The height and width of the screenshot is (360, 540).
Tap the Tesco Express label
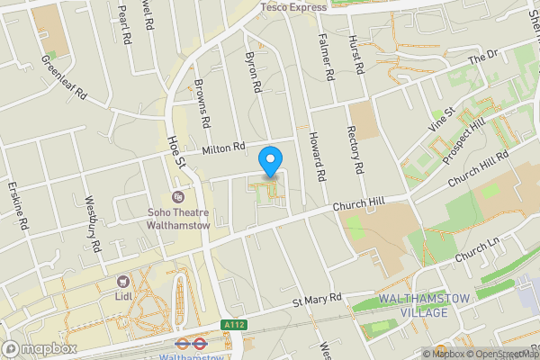coord(293,7)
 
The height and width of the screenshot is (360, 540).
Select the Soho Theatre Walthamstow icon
coord(177,197)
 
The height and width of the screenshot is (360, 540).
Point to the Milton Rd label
coord(224,148)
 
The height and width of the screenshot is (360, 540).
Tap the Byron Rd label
coord(253,72)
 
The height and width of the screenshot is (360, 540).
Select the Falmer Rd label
coord(328,55)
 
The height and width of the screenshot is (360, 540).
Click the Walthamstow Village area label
coord(413,305)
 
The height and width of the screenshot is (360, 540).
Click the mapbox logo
coord(39,348)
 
